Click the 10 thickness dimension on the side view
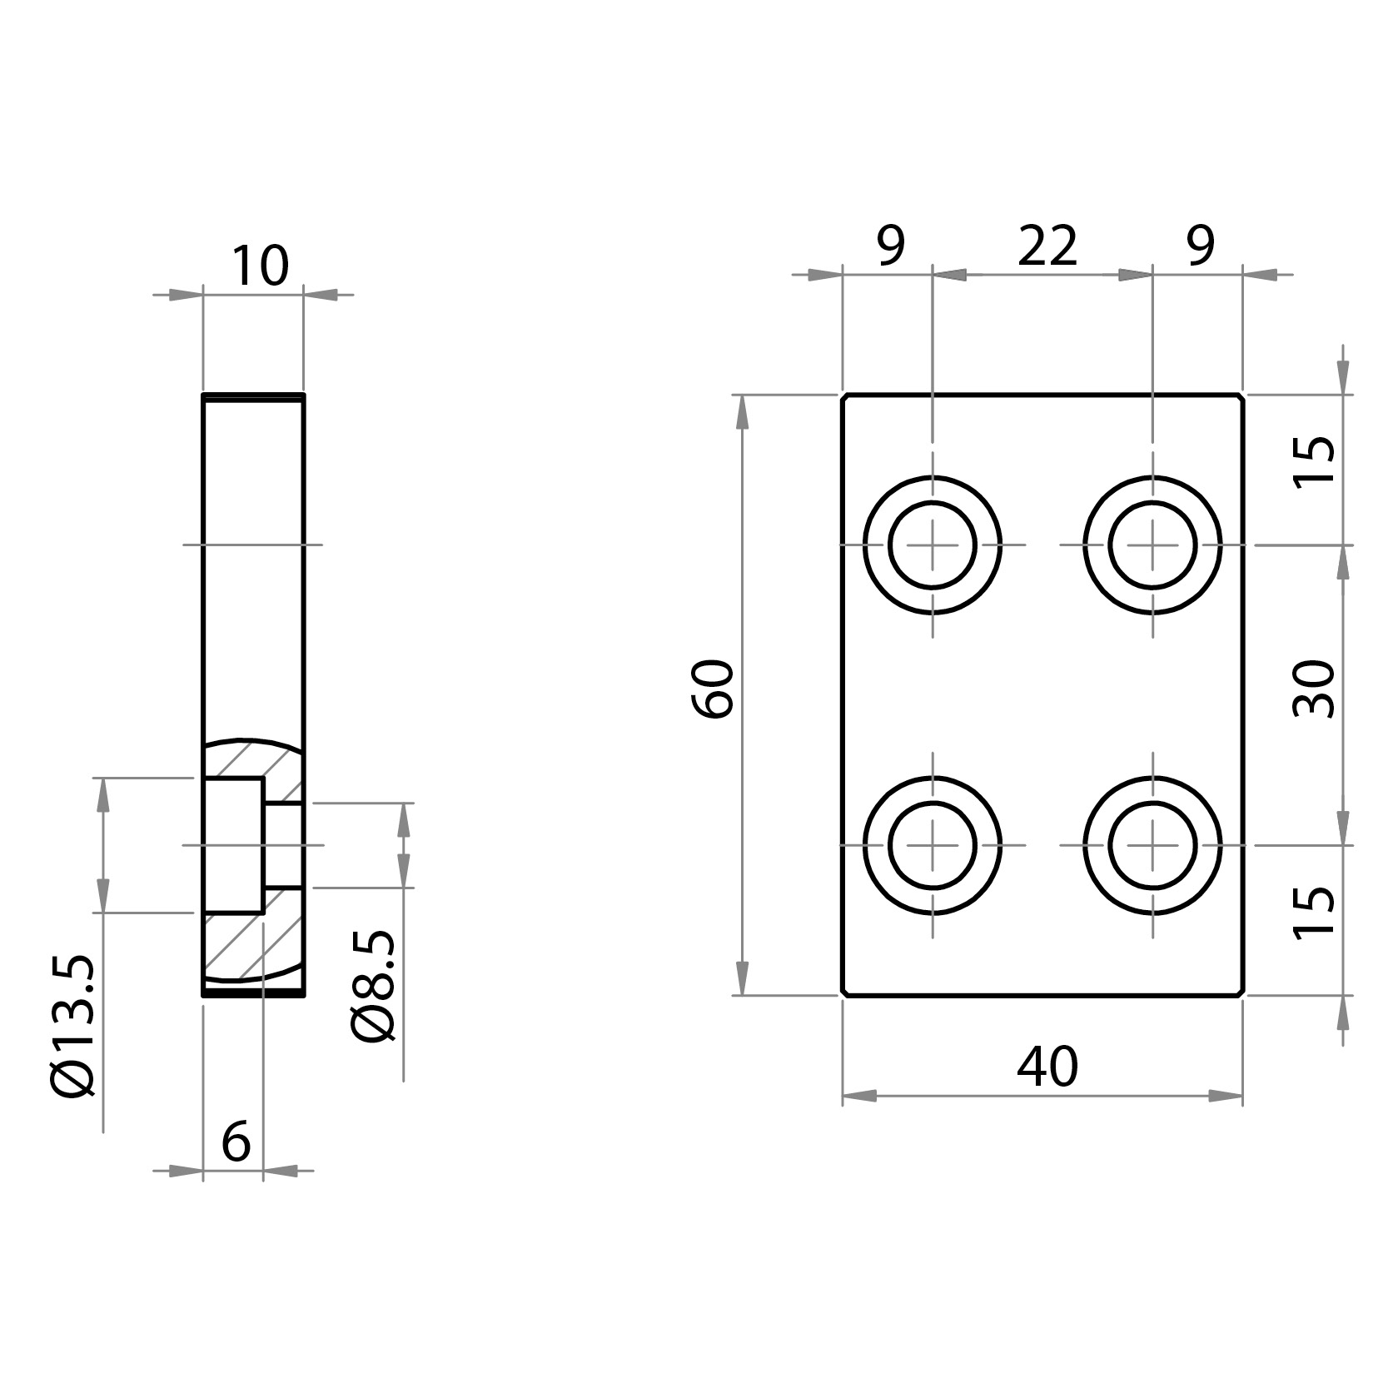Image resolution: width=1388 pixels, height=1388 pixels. coord(259,266)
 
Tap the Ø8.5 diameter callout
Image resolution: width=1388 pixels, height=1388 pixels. coord(373,987)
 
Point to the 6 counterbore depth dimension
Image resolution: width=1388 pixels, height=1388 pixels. coord(236,1142)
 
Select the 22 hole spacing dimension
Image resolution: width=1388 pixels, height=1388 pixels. coord(1047,246)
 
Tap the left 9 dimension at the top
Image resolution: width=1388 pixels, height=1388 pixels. coord(890,246)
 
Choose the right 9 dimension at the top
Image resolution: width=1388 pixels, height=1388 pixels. coord(1200,246)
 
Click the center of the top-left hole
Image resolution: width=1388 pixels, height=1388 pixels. coord(933,545)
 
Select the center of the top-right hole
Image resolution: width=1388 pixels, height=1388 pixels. coord(1153,545)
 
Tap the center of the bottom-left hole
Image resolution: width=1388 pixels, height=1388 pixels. coord(933,845)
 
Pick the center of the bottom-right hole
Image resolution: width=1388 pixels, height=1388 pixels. coord(1153,845)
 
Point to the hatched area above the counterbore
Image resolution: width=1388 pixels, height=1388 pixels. coord(250,758)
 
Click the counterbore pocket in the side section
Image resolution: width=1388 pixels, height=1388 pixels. coord(233,845)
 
